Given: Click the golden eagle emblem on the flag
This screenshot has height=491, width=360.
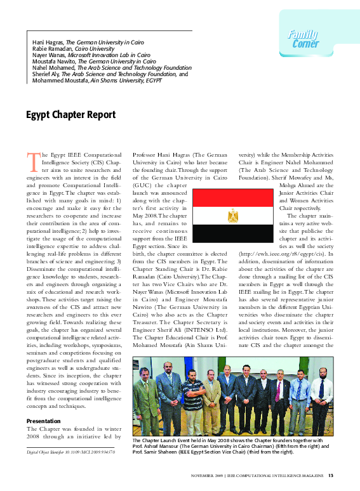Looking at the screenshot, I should pos(232,216).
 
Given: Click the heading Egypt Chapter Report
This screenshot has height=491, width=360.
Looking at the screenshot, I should pos(70,115).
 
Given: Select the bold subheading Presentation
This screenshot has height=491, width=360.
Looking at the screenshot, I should pos(43,421).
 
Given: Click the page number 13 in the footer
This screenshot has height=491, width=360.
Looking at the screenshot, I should pos(331,475).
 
